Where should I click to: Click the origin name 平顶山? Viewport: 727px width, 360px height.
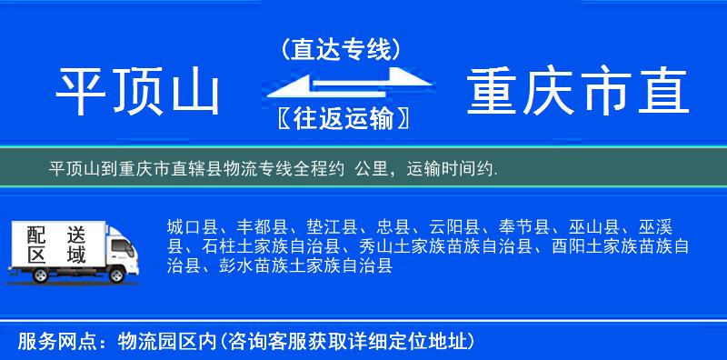[x=138, y=94]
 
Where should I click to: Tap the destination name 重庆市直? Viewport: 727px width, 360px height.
[x=578, y=94]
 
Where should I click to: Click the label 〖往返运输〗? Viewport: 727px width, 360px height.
[x=339, y=118]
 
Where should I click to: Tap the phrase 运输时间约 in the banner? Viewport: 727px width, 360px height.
[x=452, y=169]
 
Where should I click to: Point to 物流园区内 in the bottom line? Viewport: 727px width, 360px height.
[x=167, y=342]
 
